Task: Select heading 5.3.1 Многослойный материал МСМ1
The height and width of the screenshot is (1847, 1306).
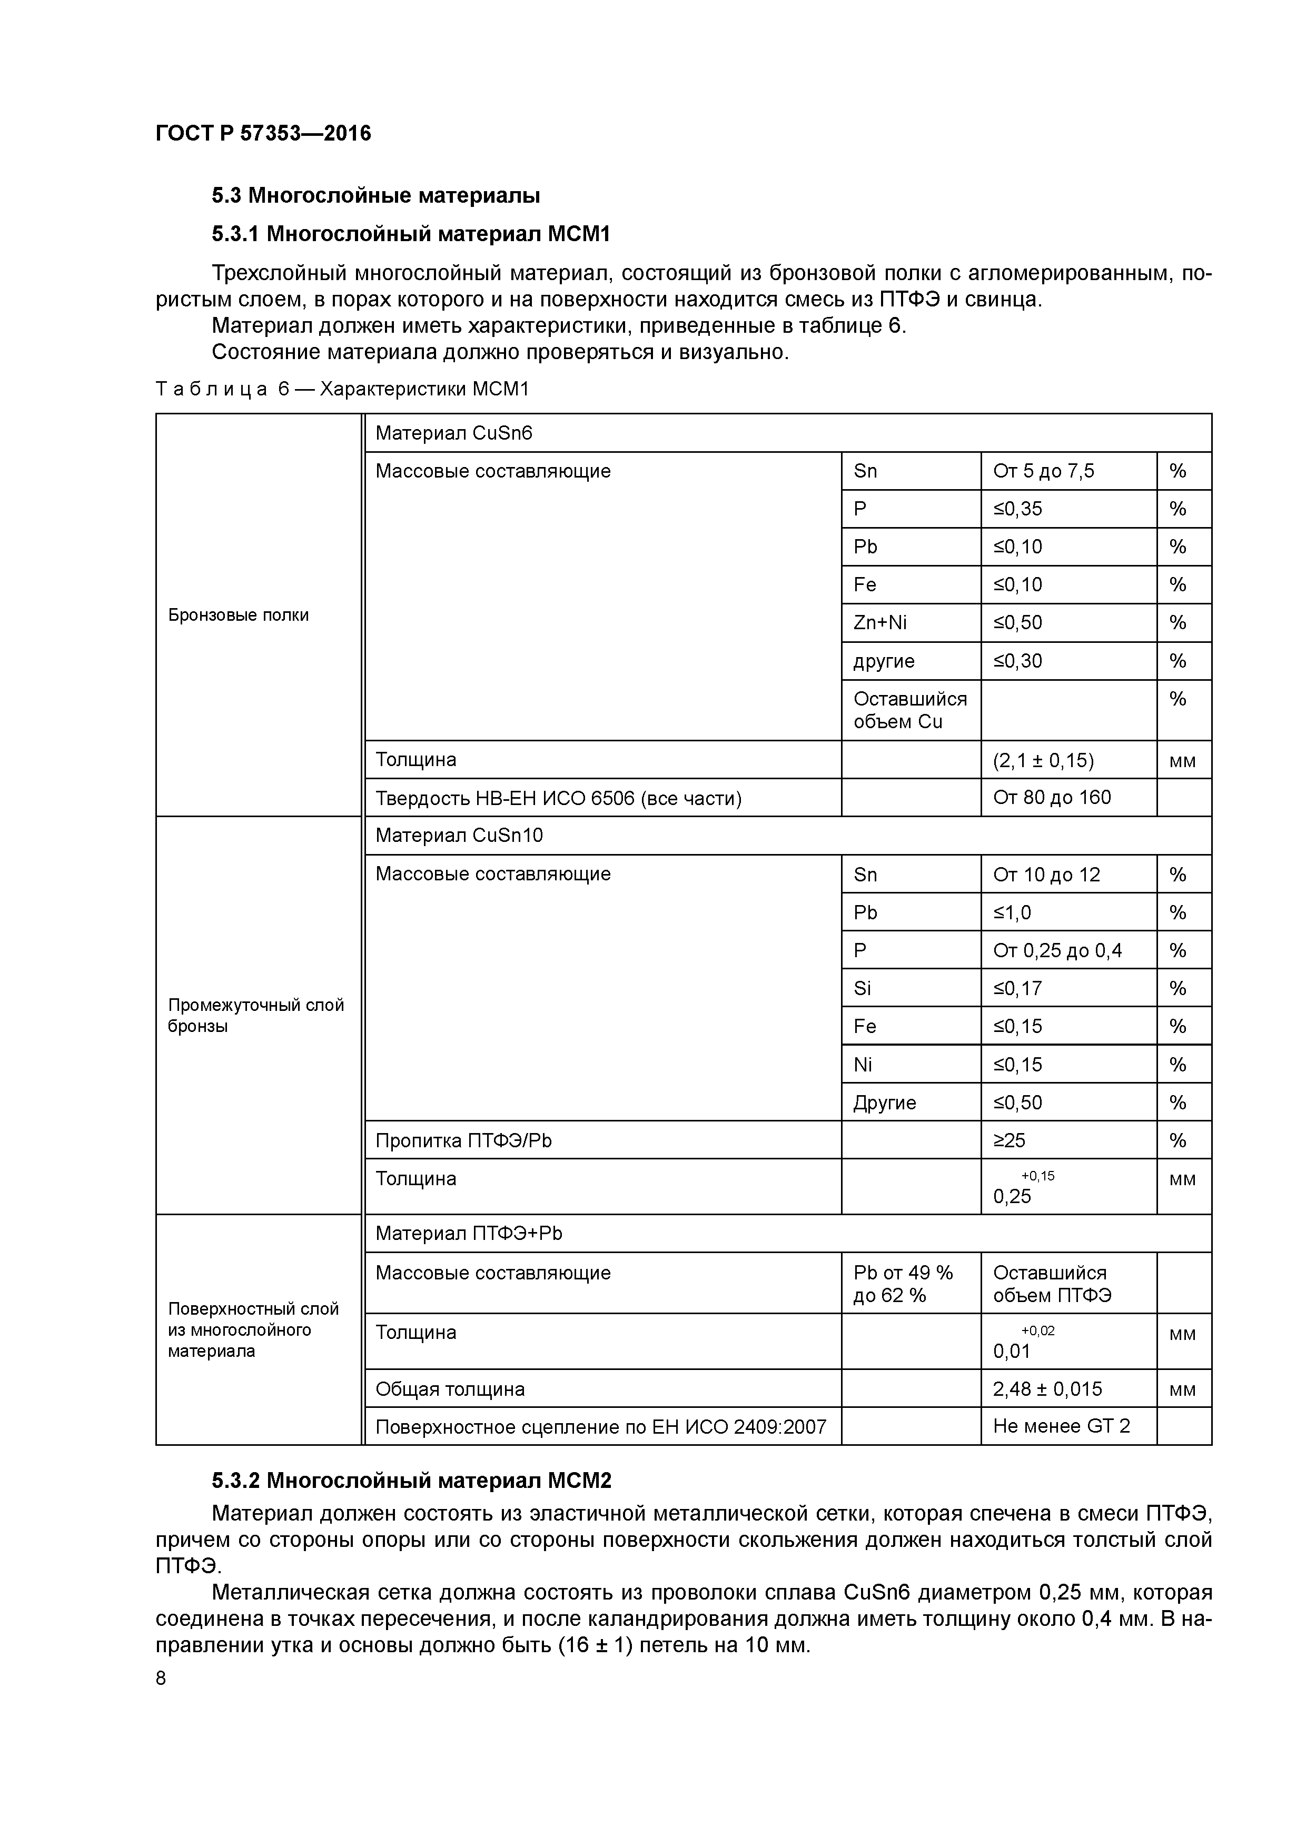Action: [x=411, y=234]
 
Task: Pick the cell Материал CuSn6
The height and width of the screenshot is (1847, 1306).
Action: [x=454, y=434]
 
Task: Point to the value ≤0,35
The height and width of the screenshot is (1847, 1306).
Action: [x=1018, y=509]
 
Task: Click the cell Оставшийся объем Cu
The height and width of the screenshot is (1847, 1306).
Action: [x=909, y=710]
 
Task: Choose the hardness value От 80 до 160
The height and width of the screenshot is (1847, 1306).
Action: [x=1051, y=798]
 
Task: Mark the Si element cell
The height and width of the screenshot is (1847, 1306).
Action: [x=863, y=989]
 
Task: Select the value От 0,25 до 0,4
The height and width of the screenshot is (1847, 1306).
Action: [x=1056, y=951]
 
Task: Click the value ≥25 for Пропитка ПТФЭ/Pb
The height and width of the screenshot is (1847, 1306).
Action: [x=1009, y=1141]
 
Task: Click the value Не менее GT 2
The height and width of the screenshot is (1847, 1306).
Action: [x=1061, y=1426]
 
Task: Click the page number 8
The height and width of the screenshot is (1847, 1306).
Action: [x=161, y=1679]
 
